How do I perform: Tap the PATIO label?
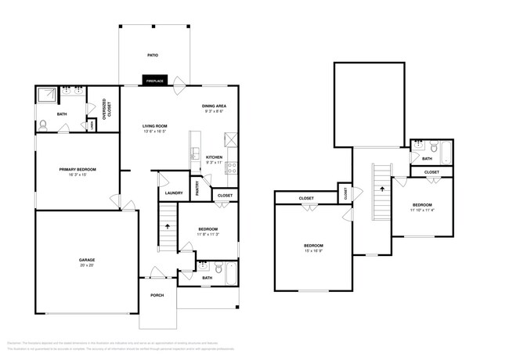point(153,55)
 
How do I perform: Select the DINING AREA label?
point(215,106)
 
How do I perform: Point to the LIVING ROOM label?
point(155,126)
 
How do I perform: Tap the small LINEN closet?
point(93,125)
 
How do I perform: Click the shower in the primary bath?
point(47,96)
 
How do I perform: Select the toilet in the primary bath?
point(43,124)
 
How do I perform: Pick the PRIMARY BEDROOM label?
point(77,169)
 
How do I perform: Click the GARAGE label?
point(86,260)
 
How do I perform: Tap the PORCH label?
point(157,295)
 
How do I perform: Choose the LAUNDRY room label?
point(174,193)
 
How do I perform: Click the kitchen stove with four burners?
point(232,166)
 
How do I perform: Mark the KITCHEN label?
point(215,157)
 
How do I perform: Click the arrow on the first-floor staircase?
point(167,225)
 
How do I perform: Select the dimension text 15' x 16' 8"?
point(313,250)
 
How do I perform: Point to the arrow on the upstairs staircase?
point(383,189)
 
